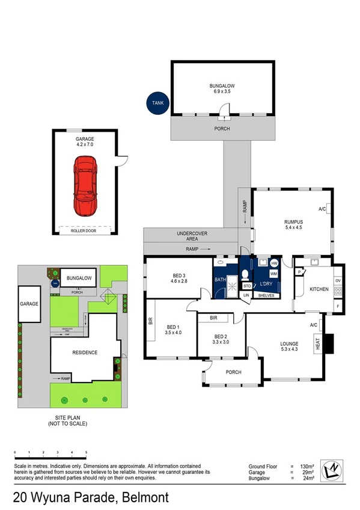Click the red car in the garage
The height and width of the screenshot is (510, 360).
[85, 185]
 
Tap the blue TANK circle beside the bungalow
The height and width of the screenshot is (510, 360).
[157, 103]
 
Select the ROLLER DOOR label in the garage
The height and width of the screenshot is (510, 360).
[85, 230]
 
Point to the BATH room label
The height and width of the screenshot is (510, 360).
[220, 280]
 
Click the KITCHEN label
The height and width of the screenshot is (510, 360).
[319, 289]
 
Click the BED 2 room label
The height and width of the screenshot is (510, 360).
[221, 336]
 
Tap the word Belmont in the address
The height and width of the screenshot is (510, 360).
[145, 498]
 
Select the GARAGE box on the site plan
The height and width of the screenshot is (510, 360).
[29, 304]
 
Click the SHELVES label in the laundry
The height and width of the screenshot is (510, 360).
[265, 295]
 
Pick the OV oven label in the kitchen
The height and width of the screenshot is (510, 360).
[338, 281]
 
